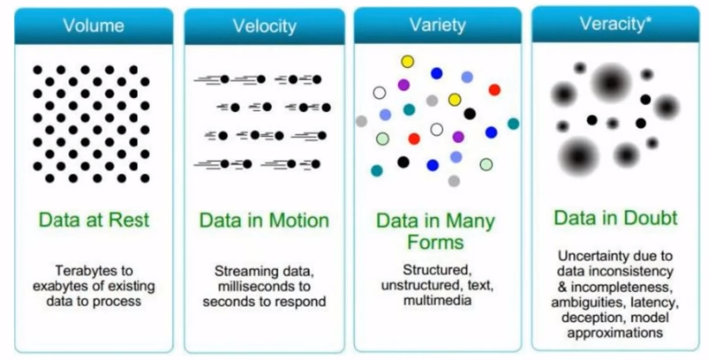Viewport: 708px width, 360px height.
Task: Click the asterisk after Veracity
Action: (x=650, y=21)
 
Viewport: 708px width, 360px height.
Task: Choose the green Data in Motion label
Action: (x=264, y=220)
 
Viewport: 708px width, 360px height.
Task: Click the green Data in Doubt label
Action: (x=615, y=217)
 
